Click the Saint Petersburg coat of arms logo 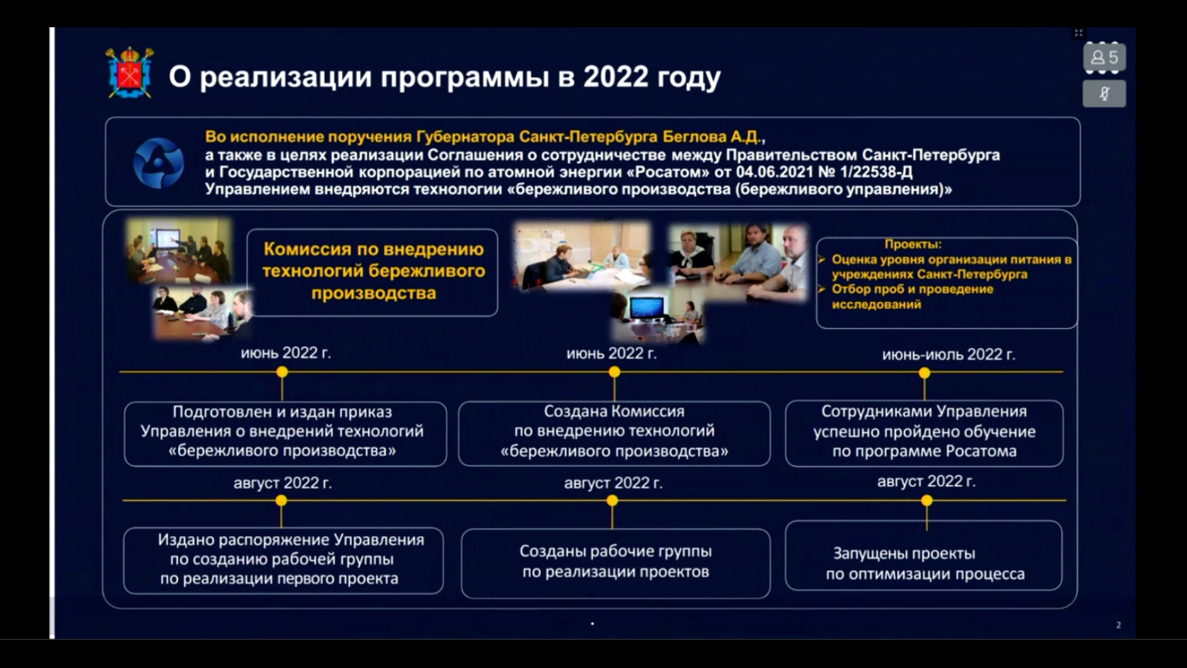pyautogui.click(x=130, y=73)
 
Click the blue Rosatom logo pyautogui.click(x=158, y=163)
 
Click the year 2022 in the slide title pyautogui.click(x=616, y=77)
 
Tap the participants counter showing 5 pyautogui.click(x=1104, y=58)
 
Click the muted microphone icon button pyautogui.click(x=1104, y=94)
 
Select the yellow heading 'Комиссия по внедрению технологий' pyautogui.click(x=373, y=260)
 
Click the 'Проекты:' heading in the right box pyautogui.click(x=913, y=244)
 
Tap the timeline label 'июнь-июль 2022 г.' pyautogui.click(x=948, y=354)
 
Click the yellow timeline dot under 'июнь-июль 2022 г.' pyautogui.click(x=924, y=373)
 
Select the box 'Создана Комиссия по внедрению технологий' pyautogui.click(x=614, y=433)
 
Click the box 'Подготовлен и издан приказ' pyautogui.click(x=285, y=433)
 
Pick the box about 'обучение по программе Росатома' pyautogui.click(x=924, y=433)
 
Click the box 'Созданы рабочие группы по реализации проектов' pyautogui.click(x=615, y=563)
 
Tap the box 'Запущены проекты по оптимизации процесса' pyautogui.click(x=924, y=555)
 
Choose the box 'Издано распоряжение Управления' pyautogui.click(x=283, y=560)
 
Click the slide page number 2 pyautogui.click(x=1118, y=625)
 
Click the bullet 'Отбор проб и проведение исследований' pyautogui.click(x=912, y=297)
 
